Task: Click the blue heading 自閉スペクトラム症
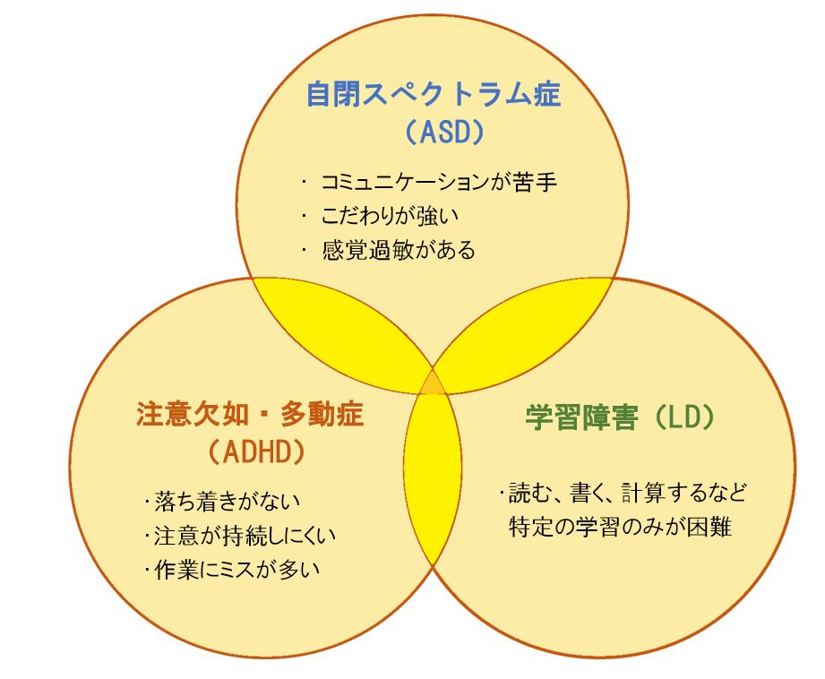pyautogui.click(x=434, y=95)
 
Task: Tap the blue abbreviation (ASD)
pyautogui.click(x=444, y=133)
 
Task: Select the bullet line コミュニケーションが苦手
pyautogui.click(x=439, y=182)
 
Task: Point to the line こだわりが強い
pyautogui.click(x=390, y=216)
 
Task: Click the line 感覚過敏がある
pyautogui.click(x=399, y=250)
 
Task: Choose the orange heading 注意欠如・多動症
pyautogui.click(x=250, y=414)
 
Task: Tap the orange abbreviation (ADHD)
pyautogui.click(x=257, y=452)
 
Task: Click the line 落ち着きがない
pyautogui.click(x=228, y=502)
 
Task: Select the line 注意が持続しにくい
pyautogui.click(x=245, y=536)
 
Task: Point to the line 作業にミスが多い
pyautogui.click(x=236, y=570)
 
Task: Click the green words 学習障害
pyautogui.click(x=582, y=418)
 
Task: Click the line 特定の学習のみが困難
pyautogui.click(x=621, y=527)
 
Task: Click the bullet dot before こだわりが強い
pyautogui.click(x=305, y=216)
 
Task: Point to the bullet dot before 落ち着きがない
pyautogui.click(x=147, y=502)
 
